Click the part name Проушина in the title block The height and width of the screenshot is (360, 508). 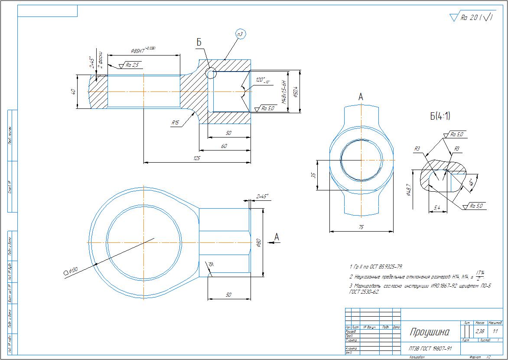point(430,332)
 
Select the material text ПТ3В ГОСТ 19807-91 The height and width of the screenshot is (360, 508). point(430,348)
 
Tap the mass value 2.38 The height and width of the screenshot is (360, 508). point(480,331)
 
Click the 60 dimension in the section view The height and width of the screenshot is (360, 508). point(224,146)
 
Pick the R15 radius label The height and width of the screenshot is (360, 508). point(175,123)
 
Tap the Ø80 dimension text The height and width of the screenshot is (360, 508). point(258,243)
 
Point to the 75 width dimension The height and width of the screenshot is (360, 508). point(361,227)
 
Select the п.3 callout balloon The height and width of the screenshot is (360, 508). point(241,33)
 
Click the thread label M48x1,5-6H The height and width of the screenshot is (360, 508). point(284,91)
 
